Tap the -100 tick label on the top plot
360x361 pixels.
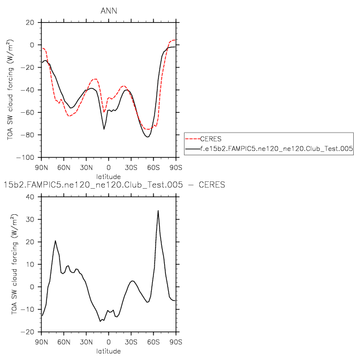tap(25, 157)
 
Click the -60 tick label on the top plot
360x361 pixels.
tap(28, 112)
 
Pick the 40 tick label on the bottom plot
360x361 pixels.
tap(30, 197)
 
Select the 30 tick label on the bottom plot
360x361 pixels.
tap(30, 219)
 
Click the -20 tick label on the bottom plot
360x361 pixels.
tap(28, 332)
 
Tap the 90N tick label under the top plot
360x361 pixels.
tap(41, 168)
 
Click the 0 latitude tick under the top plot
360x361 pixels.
tap(109, 168)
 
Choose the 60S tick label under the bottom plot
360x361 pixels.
tap(153, 342)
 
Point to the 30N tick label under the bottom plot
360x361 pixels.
tap(86, 342)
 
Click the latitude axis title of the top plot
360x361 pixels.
tap(109, 177)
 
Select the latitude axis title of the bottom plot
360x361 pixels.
tap(109, 351)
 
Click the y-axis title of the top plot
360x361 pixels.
tap(11, 90)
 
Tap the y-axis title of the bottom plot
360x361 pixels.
tap(11, 264)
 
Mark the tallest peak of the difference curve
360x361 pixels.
tap(158, 211)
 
